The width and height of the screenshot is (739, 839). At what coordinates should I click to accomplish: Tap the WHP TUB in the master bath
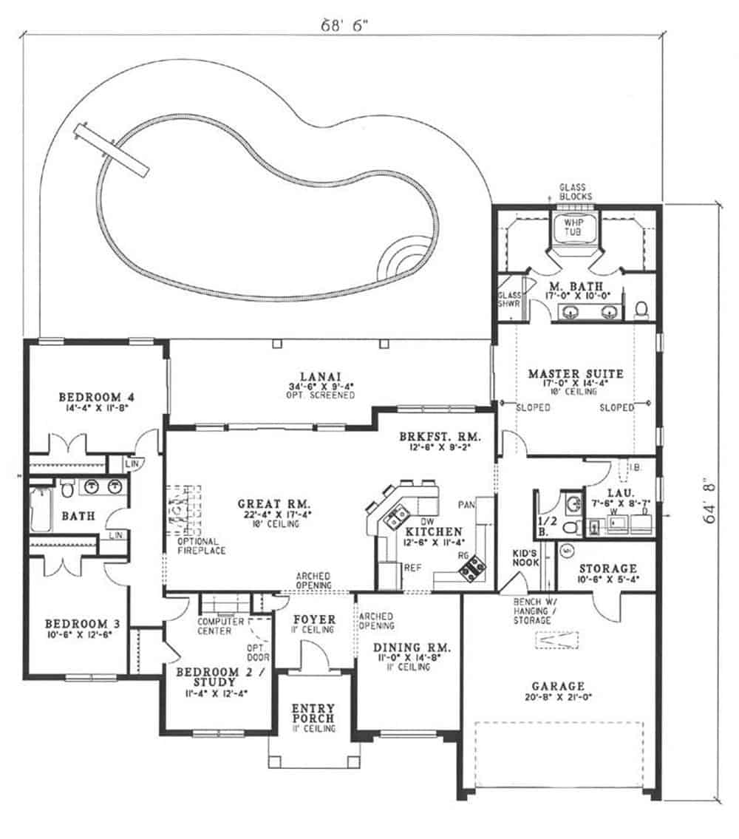point(573,228)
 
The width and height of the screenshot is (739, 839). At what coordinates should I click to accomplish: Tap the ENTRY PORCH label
point(314,712)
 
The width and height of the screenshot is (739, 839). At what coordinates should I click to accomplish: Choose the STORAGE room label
point(608,569)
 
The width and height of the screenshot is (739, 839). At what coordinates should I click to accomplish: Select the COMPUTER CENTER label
point(216,626)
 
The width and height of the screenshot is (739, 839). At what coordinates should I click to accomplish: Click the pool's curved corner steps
point(403,260)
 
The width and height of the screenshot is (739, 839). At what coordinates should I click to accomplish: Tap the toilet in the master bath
point(641,308)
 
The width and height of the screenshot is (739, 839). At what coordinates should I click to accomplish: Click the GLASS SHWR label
point(508,299)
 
